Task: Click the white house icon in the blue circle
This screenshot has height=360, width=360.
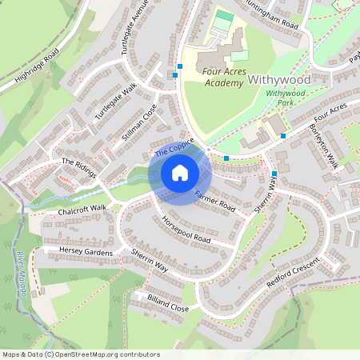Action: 180,173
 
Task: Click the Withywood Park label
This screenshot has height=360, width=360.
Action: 286,98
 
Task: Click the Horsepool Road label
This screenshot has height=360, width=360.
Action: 186,229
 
